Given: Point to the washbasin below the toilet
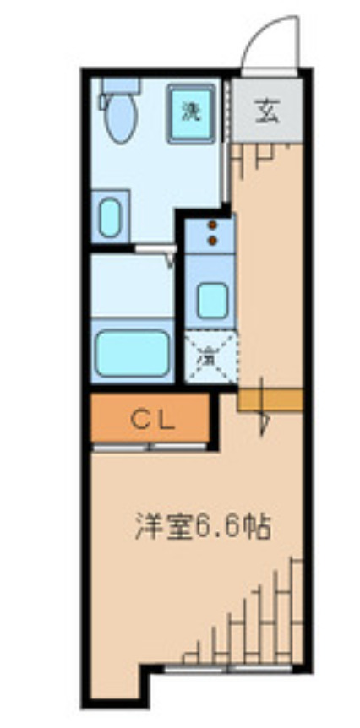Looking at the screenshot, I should click(111, 217).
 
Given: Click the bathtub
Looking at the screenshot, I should click(132, 353).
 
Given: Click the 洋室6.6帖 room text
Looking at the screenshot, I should click(202, 528).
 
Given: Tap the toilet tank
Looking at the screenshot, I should click(119, 87).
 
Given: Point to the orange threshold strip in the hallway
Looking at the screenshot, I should click(270, 399).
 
